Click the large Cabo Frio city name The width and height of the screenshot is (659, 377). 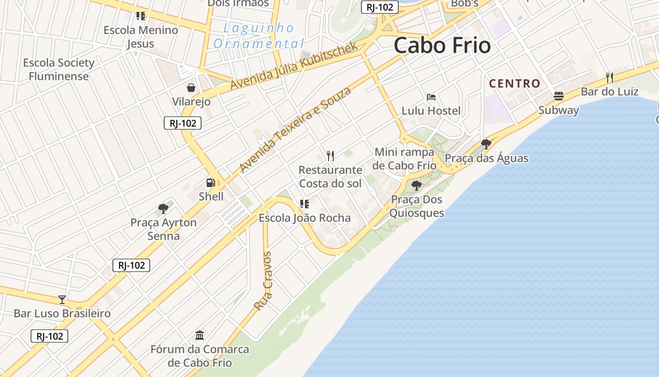tap(442, 46)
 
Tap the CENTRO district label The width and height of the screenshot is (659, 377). tap(514, 84)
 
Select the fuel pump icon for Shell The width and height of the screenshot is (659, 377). tap(210, 183)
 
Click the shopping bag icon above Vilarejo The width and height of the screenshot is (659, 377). tap(191, 88)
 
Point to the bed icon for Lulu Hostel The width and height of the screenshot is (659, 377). tap(431, 97)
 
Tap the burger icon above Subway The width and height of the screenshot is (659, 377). tap(559, 96)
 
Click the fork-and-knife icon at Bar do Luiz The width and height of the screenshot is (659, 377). tap(609, 77)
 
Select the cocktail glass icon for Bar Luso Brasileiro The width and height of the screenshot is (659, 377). tap(62, 299)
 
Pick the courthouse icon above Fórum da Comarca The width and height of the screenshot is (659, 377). tap(200, 336)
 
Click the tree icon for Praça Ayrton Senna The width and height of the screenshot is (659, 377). tap(163, 208)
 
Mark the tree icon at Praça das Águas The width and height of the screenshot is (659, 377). tap(486, 144)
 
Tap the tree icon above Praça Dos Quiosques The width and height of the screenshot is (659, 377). tap(416, 186)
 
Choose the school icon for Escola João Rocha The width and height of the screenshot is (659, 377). tap(305, 204)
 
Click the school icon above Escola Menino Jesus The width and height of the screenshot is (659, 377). tap(141, 16)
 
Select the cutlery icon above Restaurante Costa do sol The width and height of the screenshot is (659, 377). tap(330, 156)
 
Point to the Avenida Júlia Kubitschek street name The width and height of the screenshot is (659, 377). tap(295, 66)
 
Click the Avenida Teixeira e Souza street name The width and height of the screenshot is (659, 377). tap(295, 130)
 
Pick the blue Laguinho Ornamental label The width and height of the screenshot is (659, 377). tap(258, 36)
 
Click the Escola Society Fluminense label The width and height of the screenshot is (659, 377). tap(59, 69)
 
